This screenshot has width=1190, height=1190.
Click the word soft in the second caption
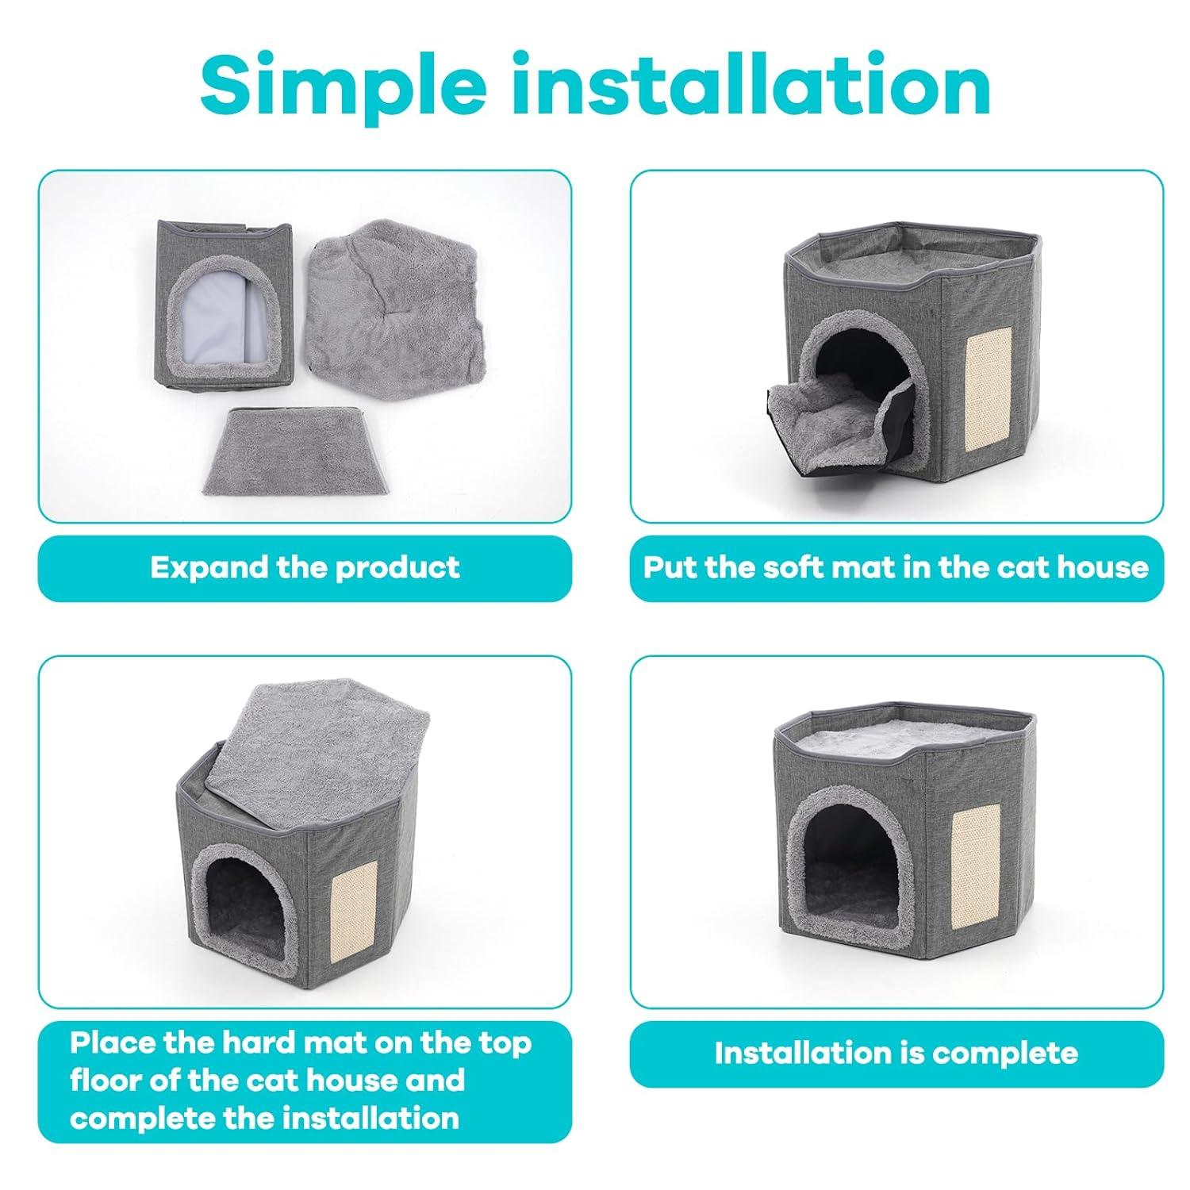click(x=743, y=567)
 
